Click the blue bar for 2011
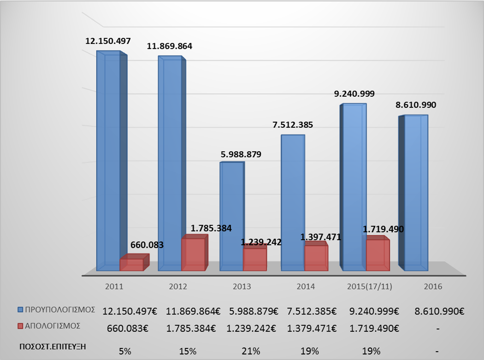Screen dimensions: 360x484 point(108,161)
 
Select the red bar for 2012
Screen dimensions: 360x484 point(193,254)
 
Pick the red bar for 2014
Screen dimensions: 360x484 point(316,258)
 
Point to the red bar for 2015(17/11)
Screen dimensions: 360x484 point(378,255)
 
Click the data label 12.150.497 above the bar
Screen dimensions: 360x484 point(108,41)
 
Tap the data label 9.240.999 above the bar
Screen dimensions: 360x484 point(354,94)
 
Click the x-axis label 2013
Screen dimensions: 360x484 point(242,286)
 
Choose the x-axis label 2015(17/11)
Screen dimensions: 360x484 point(369,286)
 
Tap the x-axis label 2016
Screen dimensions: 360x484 point(433,286)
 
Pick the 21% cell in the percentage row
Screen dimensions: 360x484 point(242,351)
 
